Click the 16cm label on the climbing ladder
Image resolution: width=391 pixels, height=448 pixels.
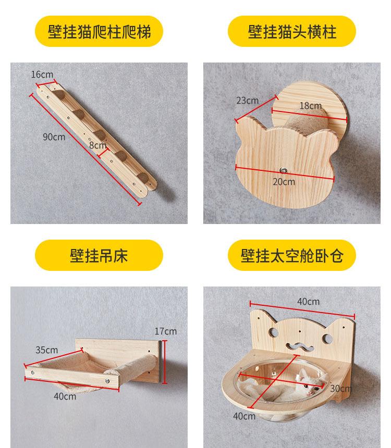pos(42,74)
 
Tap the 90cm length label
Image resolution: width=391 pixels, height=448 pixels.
pos(54,137)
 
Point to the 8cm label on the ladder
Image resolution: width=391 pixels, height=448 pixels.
pos(97,145)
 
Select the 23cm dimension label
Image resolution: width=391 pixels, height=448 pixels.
pos(247,101)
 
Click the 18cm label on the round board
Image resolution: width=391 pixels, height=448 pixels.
pos(310,106)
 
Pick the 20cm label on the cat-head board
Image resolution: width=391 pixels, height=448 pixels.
pos(284,181)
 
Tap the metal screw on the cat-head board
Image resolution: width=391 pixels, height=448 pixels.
pos(284,170)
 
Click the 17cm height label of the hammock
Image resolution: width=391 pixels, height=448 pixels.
pos(165,331)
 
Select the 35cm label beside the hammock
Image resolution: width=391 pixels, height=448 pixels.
pos(46,350)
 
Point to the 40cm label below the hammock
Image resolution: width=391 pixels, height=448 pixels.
pos(65,396)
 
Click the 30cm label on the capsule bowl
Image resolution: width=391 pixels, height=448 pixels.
pos(341,388)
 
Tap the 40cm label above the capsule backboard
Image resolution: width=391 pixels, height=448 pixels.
pos(309,302)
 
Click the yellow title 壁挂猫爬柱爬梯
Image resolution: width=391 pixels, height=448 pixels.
pos(99,32)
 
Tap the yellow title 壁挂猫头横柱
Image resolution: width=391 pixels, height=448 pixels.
pos(292,32)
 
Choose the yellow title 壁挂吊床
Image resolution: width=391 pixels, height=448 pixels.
pos(99,255)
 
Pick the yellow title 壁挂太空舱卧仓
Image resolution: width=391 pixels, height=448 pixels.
pos(292,255)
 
